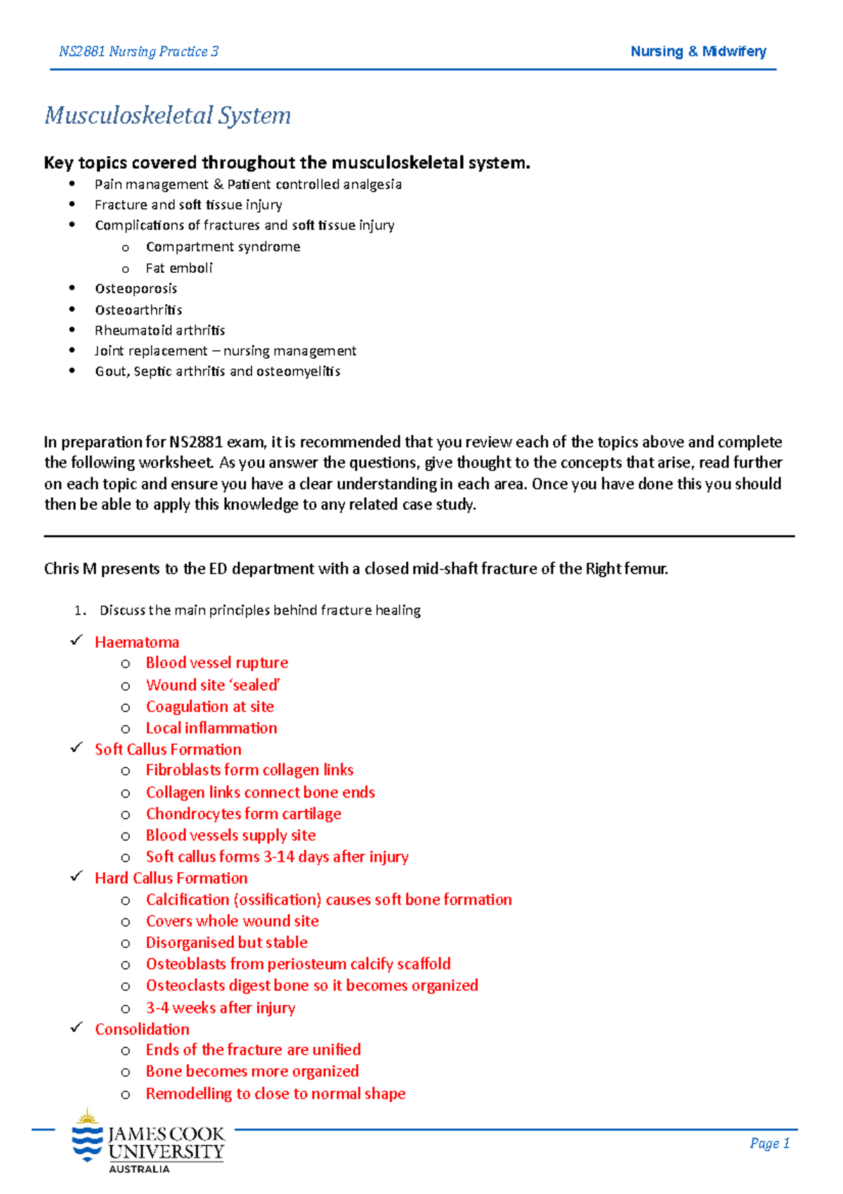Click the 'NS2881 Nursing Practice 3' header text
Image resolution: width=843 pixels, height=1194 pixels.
(138, 51)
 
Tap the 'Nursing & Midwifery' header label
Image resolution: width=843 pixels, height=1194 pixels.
(698, 51)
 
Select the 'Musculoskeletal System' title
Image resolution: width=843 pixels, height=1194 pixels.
(167, 115)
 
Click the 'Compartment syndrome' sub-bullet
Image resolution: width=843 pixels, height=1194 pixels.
(223, 247)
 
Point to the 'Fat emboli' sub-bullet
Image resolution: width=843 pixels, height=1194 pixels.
(178, 268)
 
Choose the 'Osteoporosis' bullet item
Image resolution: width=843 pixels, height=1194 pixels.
(136, 288)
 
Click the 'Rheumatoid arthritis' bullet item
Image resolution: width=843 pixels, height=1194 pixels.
(159, 330)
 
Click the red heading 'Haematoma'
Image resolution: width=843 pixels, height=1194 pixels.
(137, 642)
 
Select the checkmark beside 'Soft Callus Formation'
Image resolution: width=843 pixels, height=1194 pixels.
(77, 748)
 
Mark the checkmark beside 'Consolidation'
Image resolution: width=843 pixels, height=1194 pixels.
(77, 1027)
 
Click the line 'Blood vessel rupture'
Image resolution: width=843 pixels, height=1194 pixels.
(216, 663)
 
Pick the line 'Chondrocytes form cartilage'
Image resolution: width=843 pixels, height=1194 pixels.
(243, 814)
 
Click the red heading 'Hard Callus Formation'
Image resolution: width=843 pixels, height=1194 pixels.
(171, 878)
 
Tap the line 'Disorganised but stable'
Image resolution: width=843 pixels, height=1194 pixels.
(226, 942)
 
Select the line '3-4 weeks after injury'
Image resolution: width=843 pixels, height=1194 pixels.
(220, 1008)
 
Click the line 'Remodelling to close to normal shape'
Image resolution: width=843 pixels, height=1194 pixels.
(275, 1093)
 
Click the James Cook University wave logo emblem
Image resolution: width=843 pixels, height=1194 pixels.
(87, 1137)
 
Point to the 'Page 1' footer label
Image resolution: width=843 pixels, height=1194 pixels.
(769, 1143)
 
